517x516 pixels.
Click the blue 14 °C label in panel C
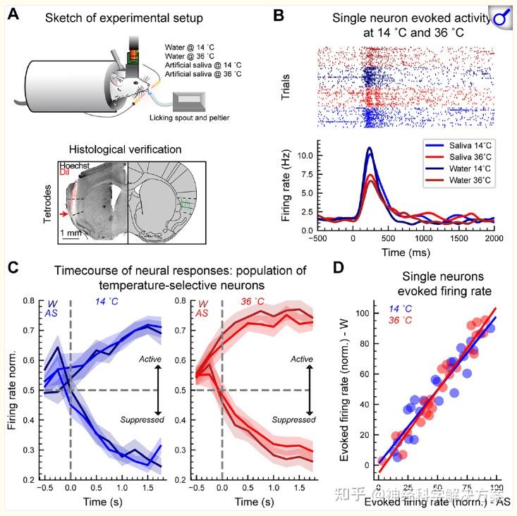108,302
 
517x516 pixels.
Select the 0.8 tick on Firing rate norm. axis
29,301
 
